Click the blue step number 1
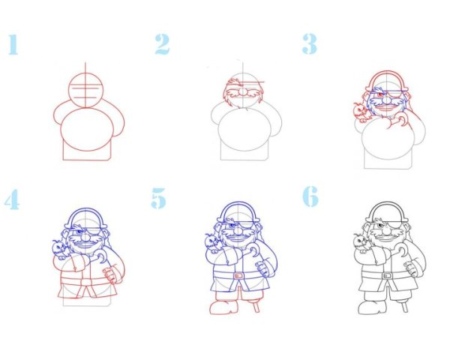[x=13, y=44]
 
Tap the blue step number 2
[x=163, y=44]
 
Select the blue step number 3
[x=310, y=44]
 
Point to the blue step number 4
[x=12, y=199]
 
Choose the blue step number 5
[x=159, y=198]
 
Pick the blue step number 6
[x=310, y=196]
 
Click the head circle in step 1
[x=85, y=90]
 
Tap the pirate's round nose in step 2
[x=243, y=91]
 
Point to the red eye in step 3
[x=380, y=94]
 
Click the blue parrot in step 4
[x=60, y=249]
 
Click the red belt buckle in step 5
[x=238, y=275]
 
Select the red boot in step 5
[x=223, y=307]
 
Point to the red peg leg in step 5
[x=256, y=305]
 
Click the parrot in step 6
[x=360, y=244]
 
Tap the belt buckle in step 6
[x=387, y=275]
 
